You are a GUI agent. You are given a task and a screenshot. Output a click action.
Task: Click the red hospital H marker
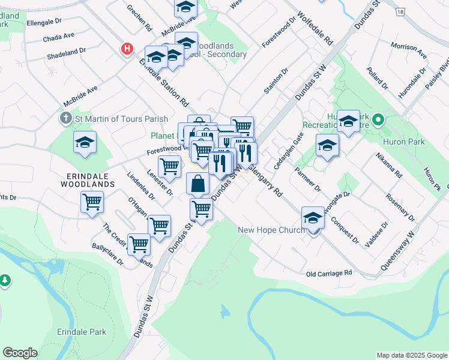[x=127, y=49]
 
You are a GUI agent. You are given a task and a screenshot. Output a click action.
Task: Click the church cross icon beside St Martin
[x=67, y=118]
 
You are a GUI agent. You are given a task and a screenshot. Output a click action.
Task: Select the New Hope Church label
[x=271, y=230]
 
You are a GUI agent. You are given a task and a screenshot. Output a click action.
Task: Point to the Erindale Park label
[x=82, y=332]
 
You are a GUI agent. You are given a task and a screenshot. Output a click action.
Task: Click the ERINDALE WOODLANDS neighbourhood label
[x=87, y=179]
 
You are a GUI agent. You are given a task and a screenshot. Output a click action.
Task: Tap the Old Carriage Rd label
[x=328, y=274]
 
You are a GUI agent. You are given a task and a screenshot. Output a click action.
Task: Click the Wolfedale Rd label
[x=315, y=31]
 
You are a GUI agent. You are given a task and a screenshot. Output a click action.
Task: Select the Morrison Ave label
[x=408, y=50]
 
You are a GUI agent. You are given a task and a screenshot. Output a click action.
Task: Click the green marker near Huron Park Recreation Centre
[x=378, y=119]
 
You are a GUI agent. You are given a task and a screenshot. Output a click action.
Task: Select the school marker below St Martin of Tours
[x=85, y=142]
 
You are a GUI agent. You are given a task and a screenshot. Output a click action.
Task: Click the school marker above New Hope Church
[x=313, y=218]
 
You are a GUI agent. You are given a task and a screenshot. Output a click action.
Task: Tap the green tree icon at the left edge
[x=5, y=280]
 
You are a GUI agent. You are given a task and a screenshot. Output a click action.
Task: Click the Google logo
[x=20, y=353]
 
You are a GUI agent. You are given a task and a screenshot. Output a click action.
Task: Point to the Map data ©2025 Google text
[x=412, y=355]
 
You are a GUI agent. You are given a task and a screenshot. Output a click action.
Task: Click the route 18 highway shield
[x=400, y=11]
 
